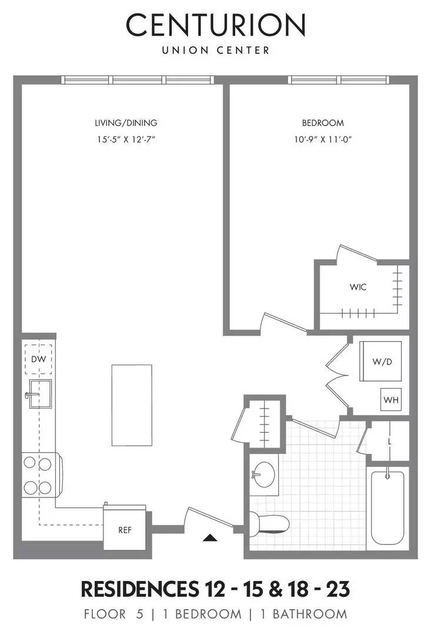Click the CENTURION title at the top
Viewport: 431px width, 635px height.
tap(216, 25)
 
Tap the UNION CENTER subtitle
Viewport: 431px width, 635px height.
tap(216, 51)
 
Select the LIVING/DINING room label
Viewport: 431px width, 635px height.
tap(126, 123)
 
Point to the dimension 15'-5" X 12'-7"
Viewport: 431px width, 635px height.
tap(126, 139)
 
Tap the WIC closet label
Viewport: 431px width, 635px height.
tap(358, 287)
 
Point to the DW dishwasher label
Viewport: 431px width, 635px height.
tap(38, 359)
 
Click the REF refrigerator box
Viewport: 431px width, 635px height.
tap(125, 529)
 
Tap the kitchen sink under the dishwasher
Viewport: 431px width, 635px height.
tap(40, 393)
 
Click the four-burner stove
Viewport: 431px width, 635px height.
tap(39, 475)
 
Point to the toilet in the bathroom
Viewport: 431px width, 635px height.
tap(270, 522)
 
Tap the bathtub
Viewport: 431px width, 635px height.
tap(387, 507)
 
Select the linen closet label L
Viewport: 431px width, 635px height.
tap(390, 441)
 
